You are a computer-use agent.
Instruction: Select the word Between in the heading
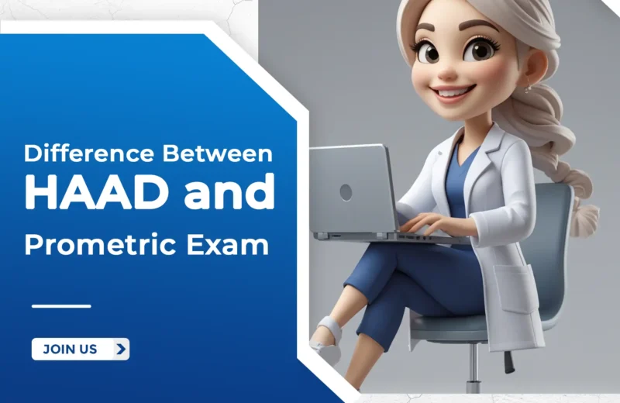tap(219, 153)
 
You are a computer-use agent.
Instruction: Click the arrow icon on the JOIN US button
tap(119, 349)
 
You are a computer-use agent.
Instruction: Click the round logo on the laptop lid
tap(346, 191)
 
